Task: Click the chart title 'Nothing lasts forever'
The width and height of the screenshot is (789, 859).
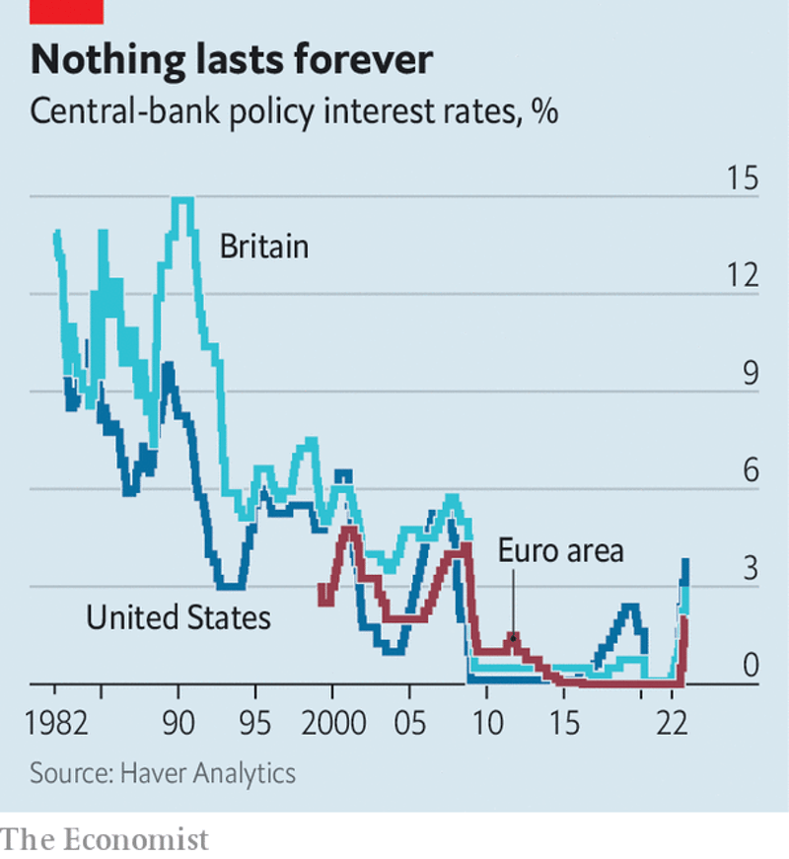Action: tap(232, 60)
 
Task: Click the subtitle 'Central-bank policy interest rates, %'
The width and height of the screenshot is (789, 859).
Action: tap(295, 110)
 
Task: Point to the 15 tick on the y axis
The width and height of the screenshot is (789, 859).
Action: tap(742, 180)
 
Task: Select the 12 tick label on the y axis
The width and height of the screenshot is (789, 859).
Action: tap(742, 276)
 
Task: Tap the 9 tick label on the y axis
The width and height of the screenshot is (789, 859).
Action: tap(752, 374)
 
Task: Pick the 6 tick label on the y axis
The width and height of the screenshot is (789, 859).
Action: tap(752, 470)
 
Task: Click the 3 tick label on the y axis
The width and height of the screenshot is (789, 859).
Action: tap(752, 568)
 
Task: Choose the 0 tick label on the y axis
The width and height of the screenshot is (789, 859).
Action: tap(752, 666)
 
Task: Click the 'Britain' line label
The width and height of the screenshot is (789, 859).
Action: tap(263, 246)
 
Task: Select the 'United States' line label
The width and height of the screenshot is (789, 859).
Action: tap(178, 618)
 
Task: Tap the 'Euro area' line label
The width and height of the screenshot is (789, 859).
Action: tap(560, 549)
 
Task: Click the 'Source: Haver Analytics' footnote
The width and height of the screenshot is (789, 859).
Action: tap(163, 772)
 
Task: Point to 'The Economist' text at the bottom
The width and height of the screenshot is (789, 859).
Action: tap(106, 839)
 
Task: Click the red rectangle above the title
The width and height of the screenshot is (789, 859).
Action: tap(67, 10)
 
